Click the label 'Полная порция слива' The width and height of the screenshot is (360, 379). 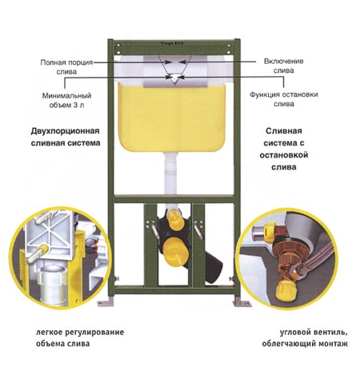pyautogui.click(x=66, y=67)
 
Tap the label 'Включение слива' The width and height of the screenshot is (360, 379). pyautogui.click(x=284, y=66)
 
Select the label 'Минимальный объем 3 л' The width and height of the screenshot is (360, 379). pyautogui.click(x=66, y=100)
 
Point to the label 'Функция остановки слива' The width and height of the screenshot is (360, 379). pyautogui.click(x=284, y=99)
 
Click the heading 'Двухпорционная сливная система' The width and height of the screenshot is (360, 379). pyautogui.click(x=66, y=137)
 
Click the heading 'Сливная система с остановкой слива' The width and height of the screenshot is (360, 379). pyautogui.click(x=284, y=149)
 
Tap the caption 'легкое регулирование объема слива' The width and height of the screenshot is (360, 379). pyautogui.click(x=80, y=337)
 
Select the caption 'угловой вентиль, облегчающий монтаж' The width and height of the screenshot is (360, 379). pyautogui.click(x=305, y=337)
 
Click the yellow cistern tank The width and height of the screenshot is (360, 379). pyautogui.click(x=172, y=118)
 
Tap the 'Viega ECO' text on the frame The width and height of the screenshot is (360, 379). pyautogui.click(x=172, y=43)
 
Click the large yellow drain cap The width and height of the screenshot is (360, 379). pyautogui.click(x=175, y=251)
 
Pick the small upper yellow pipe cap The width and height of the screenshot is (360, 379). pyautogui.click(x=174, y=216)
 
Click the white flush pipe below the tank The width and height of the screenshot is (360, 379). pyautogui.click(x=170, y=174)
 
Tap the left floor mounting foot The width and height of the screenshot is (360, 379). pyautogui.click(x=105, y=303)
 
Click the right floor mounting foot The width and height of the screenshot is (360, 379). pyautogui.click(x=242, y=303)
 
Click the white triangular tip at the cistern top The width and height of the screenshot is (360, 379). pyautogui.click(x=174, y=79)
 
